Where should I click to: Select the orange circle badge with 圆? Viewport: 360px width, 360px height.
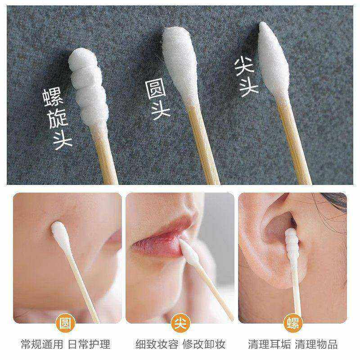(x=67, y=323)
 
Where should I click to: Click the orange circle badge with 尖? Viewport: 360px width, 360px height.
(x=180, y=323)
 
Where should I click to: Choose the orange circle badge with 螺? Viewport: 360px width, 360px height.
(x=293, y=323)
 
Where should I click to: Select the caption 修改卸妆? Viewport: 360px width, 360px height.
(x=203, y=344)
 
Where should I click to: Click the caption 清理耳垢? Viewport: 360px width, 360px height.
(x=269, y=344)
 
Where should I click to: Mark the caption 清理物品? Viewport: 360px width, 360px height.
(x=316, y=344)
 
